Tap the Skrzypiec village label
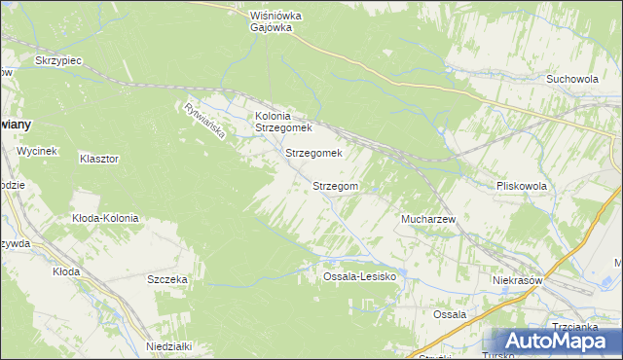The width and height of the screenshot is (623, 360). (57, 60)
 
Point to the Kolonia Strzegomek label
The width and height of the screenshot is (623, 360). (282, 122)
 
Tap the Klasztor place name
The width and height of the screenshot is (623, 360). (99, 158)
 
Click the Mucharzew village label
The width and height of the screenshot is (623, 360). (429, 220)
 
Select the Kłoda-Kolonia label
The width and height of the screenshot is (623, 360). (105, 218)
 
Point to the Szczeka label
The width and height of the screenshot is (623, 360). (167, 279)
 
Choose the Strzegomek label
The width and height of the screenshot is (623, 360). (313, 153)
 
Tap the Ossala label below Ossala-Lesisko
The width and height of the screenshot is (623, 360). (450, 314)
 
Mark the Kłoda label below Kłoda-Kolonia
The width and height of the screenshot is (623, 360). (66, 271)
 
